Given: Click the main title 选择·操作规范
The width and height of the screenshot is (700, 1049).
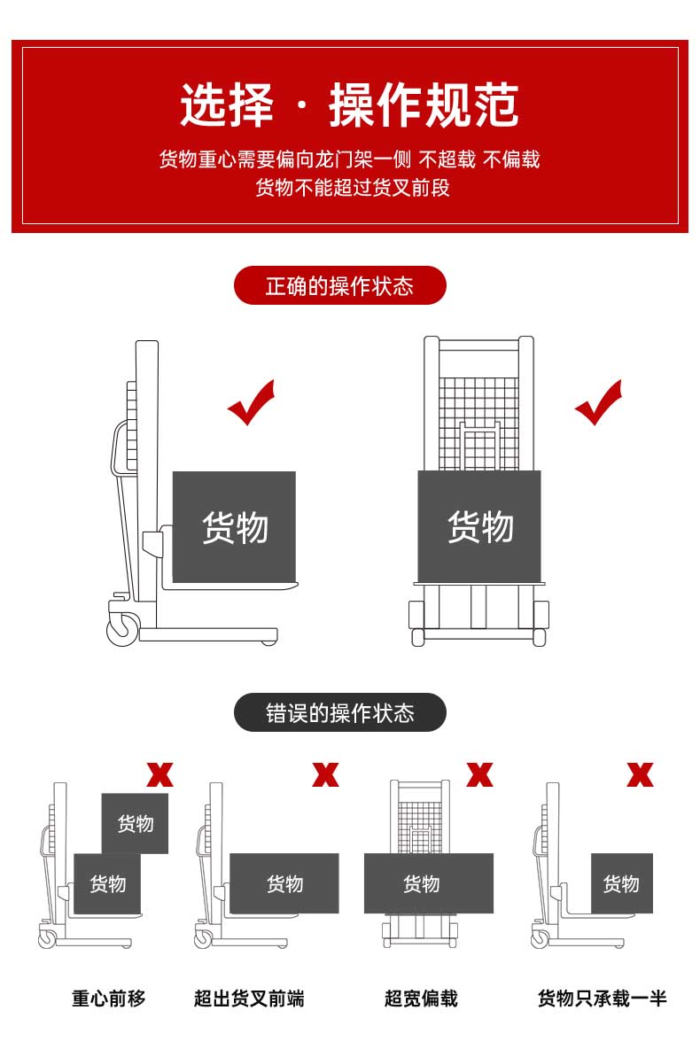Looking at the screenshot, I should pyautogui.click(x=349, y=106).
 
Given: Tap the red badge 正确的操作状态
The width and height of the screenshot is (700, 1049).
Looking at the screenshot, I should pyautogui.click(x=339, y=286).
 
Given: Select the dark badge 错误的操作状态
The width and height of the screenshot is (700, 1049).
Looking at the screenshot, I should pyautogui.click(x=339, y=713).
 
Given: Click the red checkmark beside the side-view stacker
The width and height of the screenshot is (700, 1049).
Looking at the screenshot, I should pyautogui.click(x=251, y=403).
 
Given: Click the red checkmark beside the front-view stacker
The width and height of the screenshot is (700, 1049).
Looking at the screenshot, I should pyautogui.click(x=598, y=403).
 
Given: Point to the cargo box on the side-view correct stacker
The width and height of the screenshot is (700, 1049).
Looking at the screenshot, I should pyautogui.click(x=234, y=526).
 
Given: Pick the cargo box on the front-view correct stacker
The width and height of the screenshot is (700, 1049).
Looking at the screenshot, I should pyautogui.click(x=479, y=526).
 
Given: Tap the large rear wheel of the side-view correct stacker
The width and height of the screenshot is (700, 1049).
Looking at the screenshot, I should pyautogui.click(x=122, y=629).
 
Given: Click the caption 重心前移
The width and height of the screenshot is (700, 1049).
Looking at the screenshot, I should pyautogui.click(x=108, y=998).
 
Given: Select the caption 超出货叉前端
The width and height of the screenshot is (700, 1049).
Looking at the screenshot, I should pyautogui.click(x=249, y=998).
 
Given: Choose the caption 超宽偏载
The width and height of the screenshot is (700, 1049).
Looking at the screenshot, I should pyautogui.click(x=421, y=998).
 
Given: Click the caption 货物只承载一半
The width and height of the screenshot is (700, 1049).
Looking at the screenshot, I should pyautogui.click(x=602, y=998).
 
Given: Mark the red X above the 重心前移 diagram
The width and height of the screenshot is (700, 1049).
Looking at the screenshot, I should pyautogui.click(x=159, y=774).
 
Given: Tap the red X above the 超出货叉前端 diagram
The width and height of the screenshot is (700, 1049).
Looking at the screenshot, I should pyautogui.click(x=325, y=774).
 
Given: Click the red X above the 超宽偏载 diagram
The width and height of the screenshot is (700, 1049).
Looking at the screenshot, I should pyautogui.click(x=479, y=774).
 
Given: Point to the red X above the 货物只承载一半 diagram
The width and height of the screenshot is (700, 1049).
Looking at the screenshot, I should pyautogui.click(x=640, y=774).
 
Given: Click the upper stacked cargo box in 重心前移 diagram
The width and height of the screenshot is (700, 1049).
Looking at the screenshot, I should pyautogui.click(x=135, y=823).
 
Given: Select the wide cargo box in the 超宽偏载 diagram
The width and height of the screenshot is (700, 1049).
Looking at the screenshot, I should pyautogui.click(x=428, y=883).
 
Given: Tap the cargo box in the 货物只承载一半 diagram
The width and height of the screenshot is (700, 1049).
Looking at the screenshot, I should pyautogui.click(x=621, y=883).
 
